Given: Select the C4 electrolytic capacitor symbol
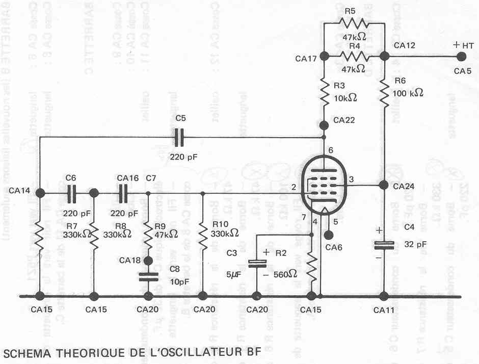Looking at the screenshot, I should coord(383,245).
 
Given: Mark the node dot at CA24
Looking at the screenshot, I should coord(383,186).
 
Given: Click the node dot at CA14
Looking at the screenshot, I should coord(40,193).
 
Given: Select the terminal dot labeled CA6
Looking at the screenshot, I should coord(329,235).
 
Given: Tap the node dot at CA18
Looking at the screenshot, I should coord(148,261).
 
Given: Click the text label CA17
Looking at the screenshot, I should coord(306,59).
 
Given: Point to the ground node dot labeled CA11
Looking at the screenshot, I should coord(383,296).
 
